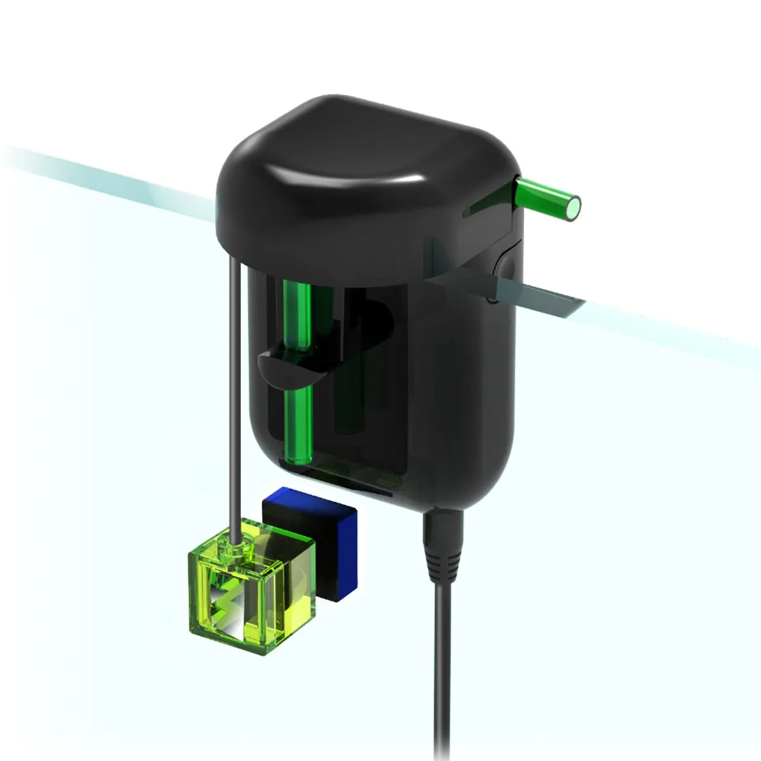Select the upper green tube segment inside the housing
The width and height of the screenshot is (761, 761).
297,314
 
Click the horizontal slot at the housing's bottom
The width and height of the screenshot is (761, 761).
355,482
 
